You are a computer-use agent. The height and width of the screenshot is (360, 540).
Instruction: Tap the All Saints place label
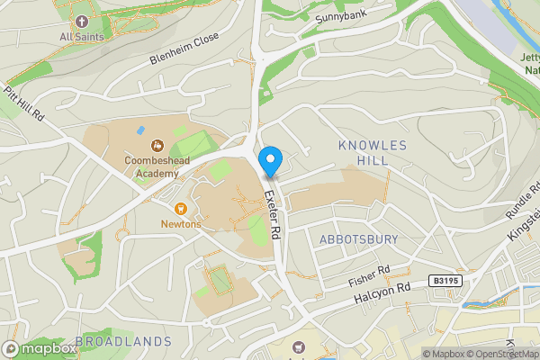coord(81,37)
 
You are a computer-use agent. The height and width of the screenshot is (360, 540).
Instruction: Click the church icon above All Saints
coord(81,21)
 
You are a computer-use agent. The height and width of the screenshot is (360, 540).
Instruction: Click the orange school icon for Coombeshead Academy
coord(157,144)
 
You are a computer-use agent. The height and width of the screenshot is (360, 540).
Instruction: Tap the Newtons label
coord(180,223)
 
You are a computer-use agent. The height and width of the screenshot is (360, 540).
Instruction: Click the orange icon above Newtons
coord(180,208)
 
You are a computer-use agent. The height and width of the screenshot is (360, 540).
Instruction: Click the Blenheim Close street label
coord(184,53)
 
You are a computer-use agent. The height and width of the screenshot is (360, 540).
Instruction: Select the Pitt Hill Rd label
coord(24,103)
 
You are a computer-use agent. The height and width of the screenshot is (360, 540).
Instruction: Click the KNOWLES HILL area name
coord(373,152)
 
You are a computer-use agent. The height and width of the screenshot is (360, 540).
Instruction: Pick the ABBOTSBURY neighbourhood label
coord(357,238)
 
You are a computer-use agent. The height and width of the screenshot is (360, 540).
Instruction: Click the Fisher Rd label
coord(369,276)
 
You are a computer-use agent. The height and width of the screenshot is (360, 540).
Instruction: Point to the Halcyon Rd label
coord(381,290)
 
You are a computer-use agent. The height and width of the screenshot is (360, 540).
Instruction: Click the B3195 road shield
coord(444,282)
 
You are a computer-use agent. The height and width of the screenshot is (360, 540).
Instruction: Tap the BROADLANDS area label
coord(123,341)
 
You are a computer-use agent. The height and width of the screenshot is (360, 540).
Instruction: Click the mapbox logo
coord(40,348)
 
